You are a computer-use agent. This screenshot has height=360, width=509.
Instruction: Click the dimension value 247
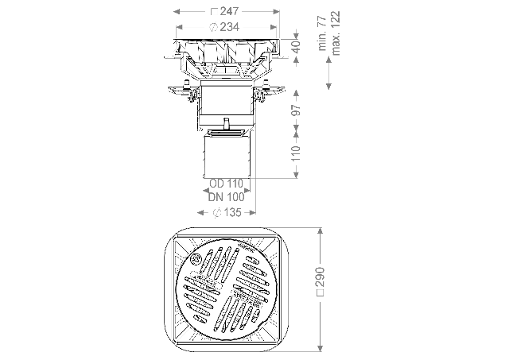tap(229, 11)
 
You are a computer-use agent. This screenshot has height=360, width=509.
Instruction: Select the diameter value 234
tap(230, 27)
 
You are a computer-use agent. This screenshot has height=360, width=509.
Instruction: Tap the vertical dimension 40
tap(296, 47)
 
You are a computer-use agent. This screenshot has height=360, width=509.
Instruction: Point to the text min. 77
tap(322, 33)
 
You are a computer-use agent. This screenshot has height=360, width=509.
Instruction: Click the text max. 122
tap(336, 33)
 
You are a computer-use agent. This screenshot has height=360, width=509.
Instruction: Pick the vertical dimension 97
tap(296, 110)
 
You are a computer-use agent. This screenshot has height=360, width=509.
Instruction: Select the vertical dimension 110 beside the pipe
tap(296, 153)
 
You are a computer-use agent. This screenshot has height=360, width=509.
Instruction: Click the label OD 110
tap(226, 184)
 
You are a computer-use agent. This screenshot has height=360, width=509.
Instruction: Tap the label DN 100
tap(226, 197)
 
